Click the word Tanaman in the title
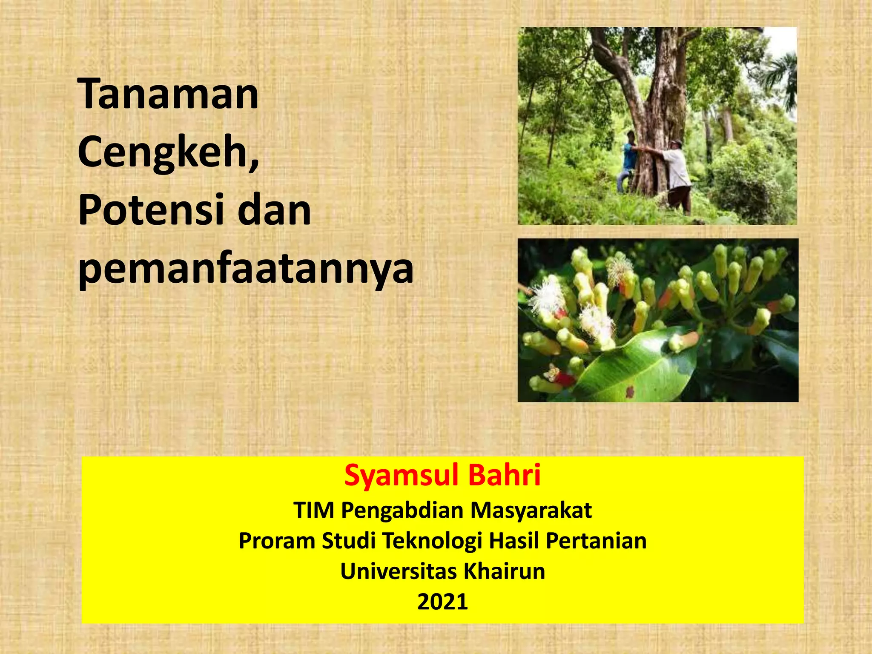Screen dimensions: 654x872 click(168, 94)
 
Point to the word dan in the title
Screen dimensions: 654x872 click(274, 210)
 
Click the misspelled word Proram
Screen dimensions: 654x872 click(276, 541)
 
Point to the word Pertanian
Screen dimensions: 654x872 click(596, 541)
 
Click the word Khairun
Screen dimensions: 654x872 click(504, 571)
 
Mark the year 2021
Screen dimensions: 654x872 click(442, 602)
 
